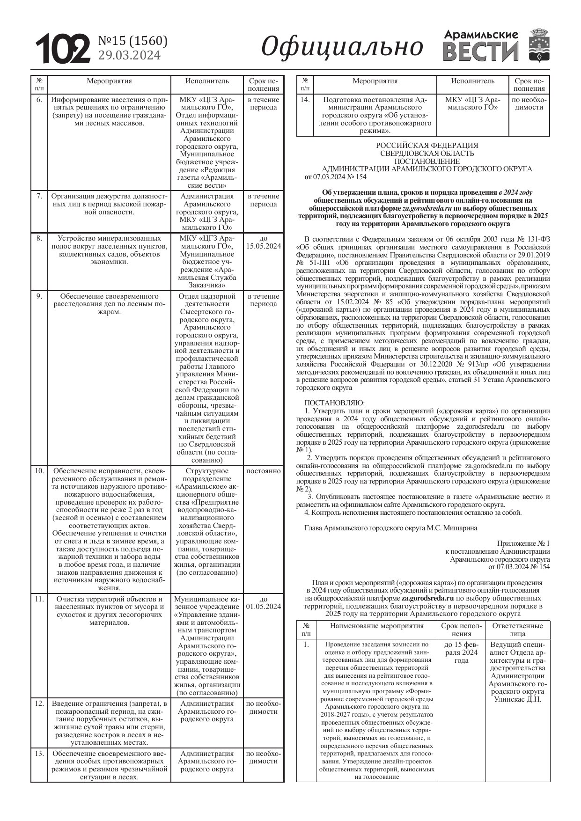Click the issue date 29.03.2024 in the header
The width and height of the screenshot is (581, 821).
click(x=129, y=55)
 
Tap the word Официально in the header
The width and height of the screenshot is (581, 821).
click(x=342, y=47)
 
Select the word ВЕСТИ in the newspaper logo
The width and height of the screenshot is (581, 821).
click(x=480, y=51)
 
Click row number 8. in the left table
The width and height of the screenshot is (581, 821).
click(x=39, y=238)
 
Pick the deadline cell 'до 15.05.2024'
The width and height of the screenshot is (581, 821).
click(x=263, y=242)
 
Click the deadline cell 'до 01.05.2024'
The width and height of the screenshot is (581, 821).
click(x=263, y=603)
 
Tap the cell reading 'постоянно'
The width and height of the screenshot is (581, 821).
click(x=263, y=471)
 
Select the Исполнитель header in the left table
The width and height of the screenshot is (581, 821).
click(x=207, y=81)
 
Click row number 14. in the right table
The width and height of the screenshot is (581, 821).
click(x=305, y=100)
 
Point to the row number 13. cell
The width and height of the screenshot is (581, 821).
click(x=39, y=754)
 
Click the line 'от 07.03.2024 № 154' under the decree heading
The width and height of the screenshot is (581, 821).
click(x=335, y=177)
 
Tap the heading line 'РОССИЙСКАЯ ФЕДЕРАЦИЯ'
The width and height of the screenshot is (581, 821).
click(x=427, y=146)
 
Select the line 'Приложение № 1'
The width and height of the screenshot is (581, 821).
click(x=523, y=543)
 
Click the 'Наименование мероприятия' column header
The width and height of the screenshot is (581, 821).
click(x=376, y=625)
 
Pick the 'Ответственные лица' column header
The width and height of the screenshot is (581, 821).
click(x=517, y=630)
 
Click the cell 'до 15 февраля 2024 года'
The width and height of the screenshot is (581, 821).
click(x=461, y=652)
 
